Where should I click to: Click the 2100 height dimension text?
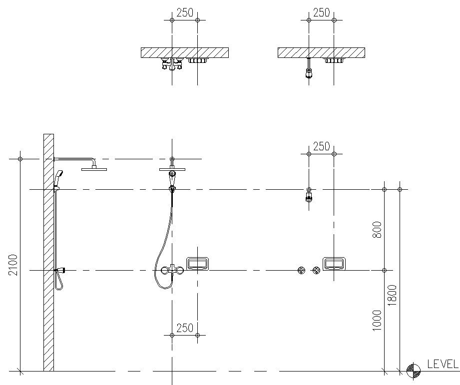click(13, 265)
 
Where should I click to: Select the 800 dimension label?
click(377, 230)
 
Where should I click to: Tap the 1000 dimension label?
click(377, 320)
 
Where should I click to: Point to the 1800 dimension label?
click(393, 295)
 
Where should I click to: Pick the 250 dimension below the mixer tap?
click(185, 328)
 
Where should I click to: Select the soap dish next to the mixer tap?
click(198, 264)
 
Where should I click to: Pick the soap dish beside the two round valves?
click(334, 264)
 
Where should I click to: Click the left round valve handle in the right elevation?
click(301, 270)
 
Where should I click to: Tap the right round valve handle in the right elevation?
click(316, 270)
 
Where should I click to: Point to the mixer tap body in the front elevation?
click(172, 270)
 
